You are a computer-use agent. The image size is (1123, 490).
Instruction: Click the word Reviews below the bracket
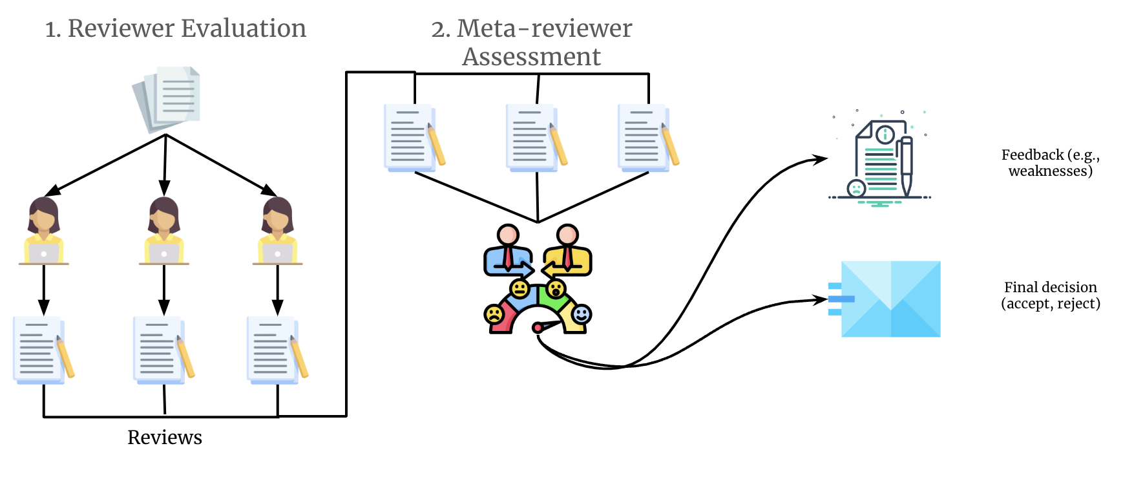pyautogui.click(x=165, y=438)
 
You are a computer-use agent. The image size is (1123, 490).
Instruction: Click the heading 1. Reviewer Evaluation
pyautogui.click(x=175, y=28)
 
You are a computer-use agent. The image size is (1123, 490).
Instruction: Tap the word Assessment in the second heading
pyautogui.click(x=531, y=57)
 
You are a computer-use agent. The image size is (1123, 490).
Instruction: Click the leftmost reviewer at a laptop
pyautogui.click(x=43, y=231)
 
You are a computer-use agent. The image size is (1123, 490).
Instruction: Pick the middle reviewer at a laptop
pyautogui.click(x=163, y=231)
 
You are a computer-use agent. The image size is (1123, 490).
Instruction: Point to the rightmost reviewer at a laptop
pyautogui.click(x=277, y=231)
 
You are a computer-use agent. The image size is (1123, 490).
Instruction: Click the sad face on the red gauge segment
pyautogui.click(x=494, y=315)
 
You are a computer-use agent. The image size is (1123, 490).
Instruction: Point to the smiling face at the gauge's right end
pyautogui.click(x=582, y=315)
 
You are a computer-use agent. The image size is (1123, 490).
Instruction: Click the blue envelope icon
pyautogui.click(x=890, y=299)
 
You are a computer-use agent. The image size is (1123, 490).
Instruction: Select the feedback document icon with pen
pyautogui.click(x=881, y=160)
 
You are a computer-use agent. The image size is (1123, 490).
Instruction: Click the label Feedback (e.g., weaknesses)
pyautogui.click(x=1050, y=163)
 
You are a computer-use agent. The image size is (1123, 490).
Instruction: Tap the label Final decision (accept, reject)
pyautogui.click(x=1050, y=295)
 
